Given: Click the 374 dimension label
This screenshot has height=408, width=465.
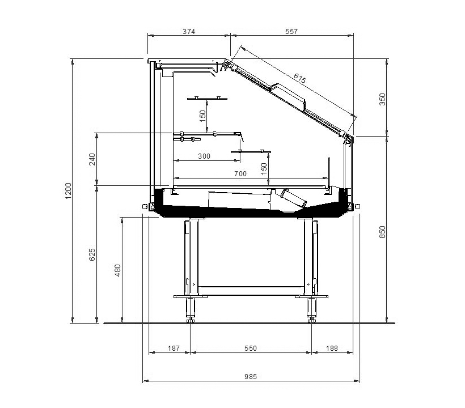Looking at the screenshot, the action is pyautogui.click(x=189, y=31).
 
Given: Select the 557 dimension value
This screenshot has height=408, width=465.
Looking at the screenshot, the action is pyautogui.click(x=291, y=31).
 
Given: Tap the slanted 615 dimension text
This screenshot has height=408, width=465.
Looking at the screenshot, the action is pyautogui.click(x=300, y=78).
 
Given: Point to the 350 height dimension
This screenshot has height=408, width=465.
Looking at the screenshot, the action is pyautogui.click(x=383, y=99).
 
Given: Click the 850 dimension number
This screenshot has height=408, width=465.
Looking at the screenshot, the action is pyautogui.click(x=383, y=232).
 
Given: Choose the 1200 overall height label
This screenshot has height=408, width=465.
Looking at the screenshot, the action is pyautogui.click(x=68, y=191).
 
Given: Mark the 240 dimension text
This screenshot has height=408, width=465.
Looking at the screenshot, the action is pyautogui.click(x=92, y=159).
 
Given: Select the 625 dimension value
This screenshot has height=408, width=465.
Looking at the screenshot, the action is pyautogui.click(x=92, y=254).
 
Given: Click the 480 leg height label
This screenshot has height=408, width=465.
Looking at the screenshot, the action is pyautogui.click(x=118, y=270).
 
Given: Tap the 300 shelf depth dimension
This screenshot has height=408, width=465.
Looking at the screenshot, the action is pyautogui.click(x=204, y=156).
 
